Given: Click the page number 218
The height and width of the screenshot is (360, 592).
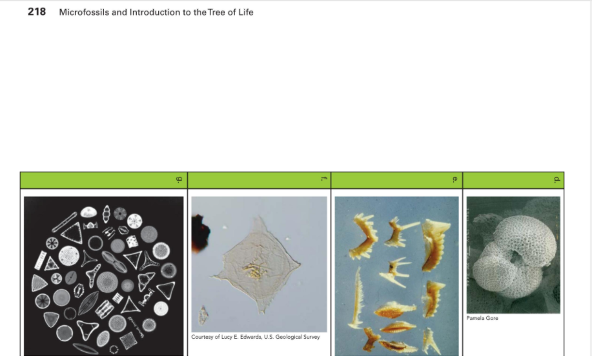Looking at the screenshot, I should [x=37, y=12].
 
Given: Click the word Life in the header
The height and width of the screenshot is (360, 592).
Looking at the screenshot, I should [x=245, y=12].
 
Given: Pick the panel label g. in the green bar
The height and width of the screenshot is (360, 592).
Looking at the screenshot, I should [x=179, y=180].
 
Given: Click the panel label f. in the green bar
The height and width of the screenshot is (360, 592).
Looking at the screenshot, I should [x=323, y=180].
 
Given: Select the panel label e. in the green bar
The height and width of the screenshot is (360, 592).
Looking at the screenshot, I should [x=455, y=180].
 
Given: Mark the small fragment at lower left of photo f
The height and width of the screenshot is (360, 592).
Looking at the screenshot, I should [x=203, y=315].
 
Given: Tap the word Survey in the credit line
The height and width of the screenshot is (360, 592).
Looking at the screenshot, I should [x=312, y=337].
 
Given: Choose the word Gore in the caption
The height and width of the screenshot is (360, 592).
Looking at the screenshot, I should [x=492, y=318].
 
